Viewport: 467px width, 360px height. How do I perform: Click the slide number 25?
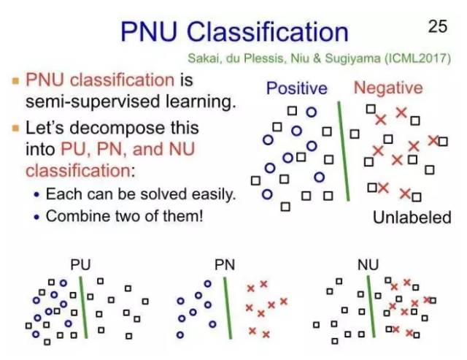[x=437, y=27]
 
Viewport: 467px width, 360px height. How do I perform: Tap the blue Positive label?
[x=296, y=88]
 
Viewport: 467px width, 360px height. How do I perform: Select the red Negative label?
[x=387, y=88]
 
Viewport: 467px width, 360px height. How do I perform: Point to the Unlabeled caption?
[x=412, y=217]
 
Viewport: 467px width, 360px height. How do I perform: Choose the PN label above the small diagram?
[x=224, y=264]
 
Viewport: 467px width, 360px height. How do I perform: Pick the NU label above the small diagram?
[x=368, y=264]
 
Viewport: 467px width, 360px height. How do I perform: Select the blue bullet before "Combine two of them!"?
[x=37, y=217]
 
